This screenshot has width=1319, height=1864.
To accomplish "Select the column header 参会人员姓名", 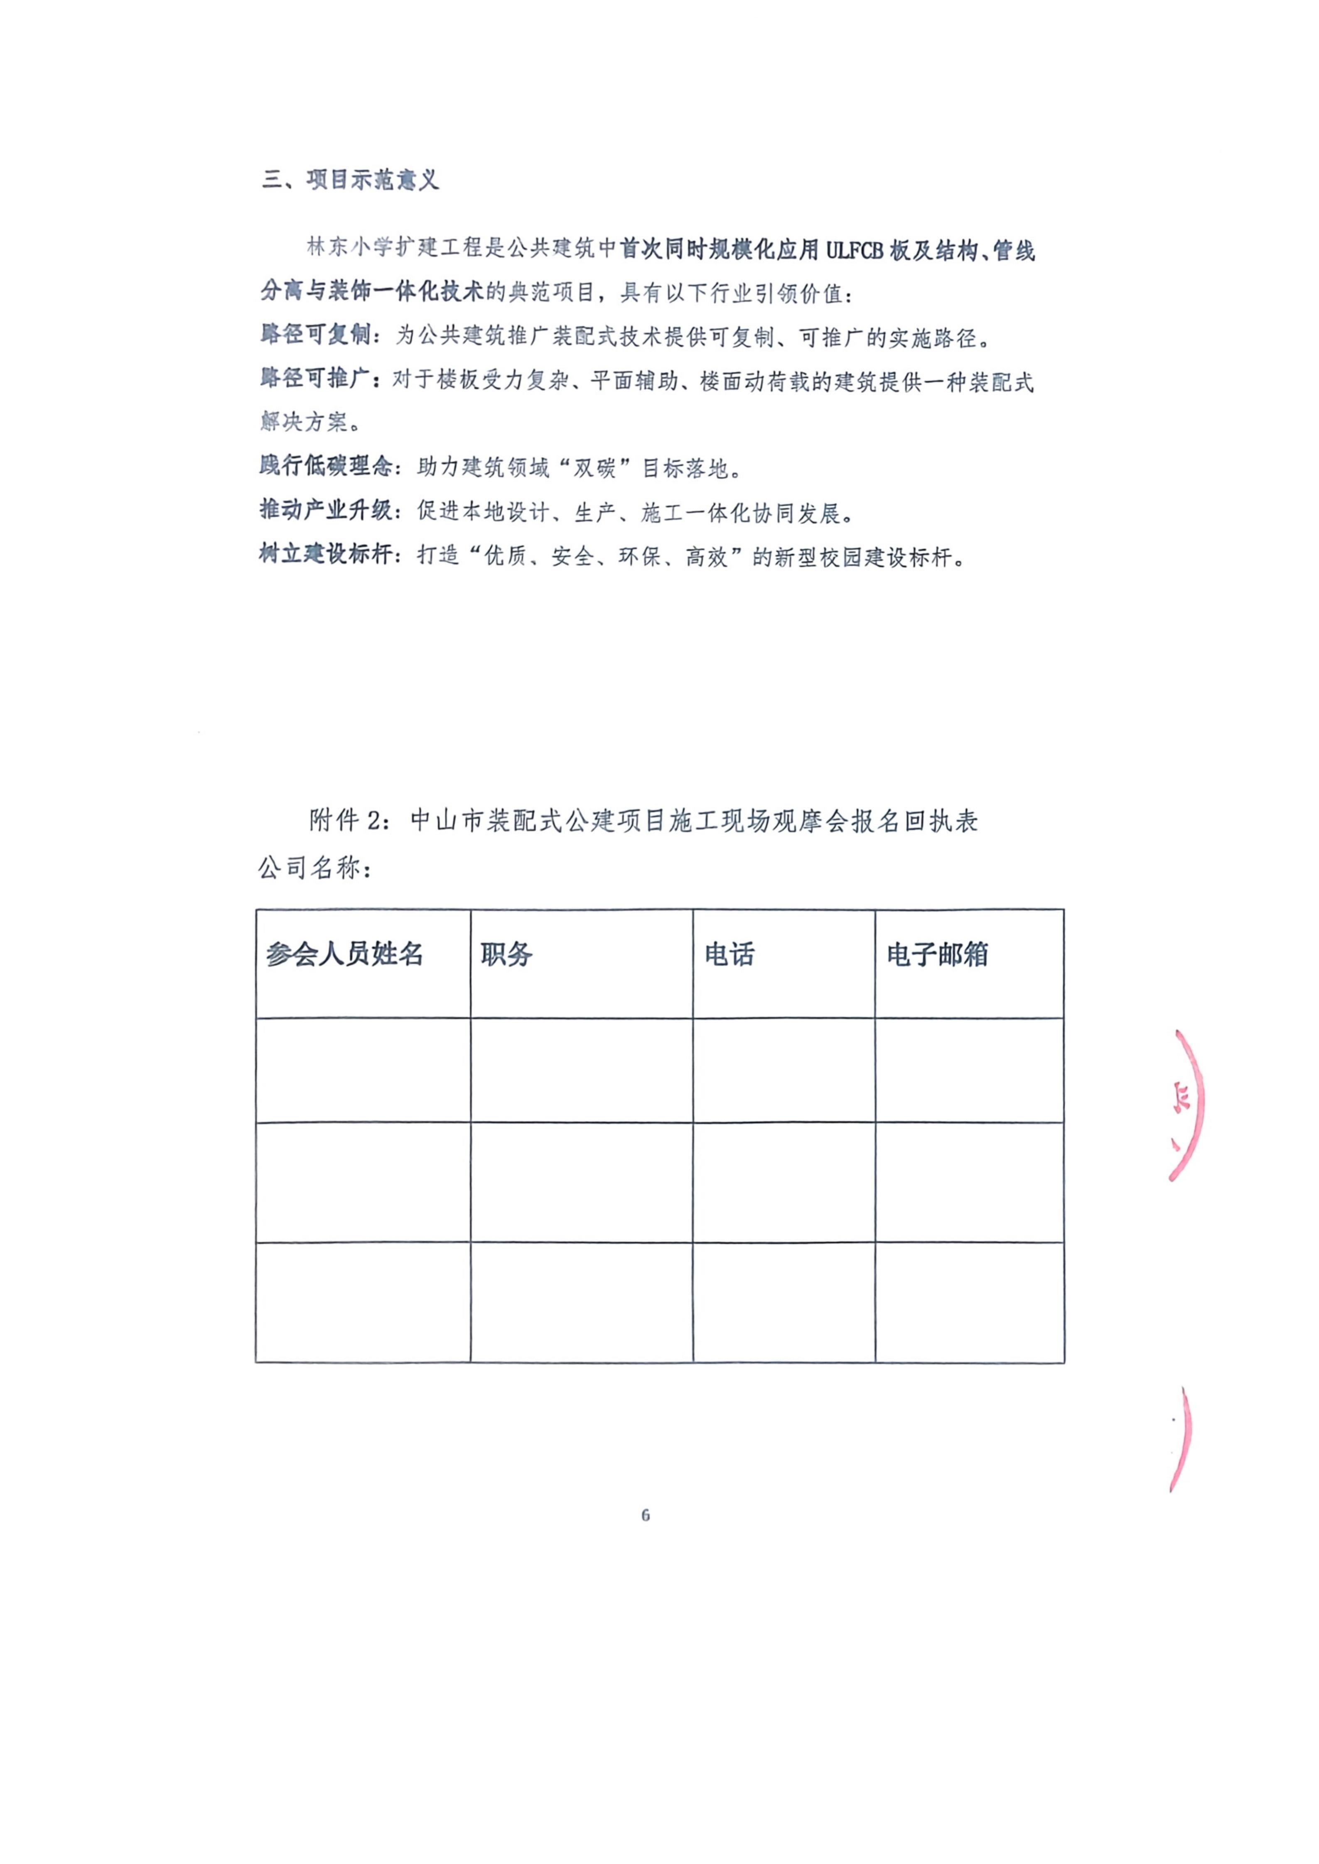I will tap(344, 954).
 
